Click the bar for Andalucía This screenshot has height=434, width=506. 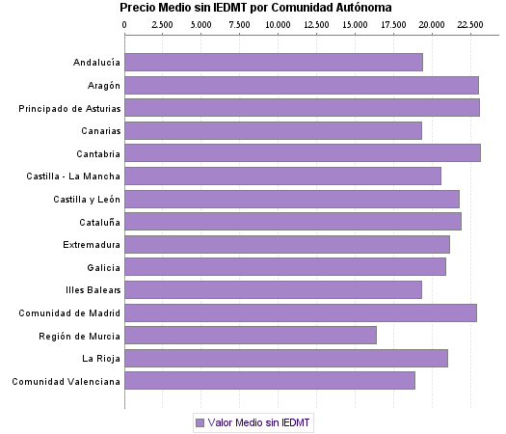[x=274, y=63]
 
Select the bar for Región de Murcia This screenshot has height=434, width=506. [x=251, y=336]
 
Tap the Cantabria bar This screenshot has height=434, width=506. [x=303, y=153]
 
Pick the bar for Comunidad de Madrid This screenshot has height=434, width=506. [x=301, y=312]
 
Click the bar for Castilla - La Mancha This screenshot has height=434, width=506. [x=283, y=176]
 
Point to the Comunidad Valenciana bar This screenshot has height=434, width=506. [x=270, y=381]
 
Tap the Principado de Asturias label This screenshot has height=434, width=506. [x=69, y=108]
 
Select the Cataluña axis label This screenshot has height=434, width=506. [x=99, y=222]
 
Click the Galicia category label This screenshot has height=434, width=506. [x=103, y=267]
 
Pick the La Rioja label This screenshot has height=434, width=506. [x=101, y=359]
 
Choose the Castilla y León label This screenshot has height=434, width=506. [x=87, y=200]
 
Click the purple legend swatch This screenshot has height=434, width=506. [x=200, y=422]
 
